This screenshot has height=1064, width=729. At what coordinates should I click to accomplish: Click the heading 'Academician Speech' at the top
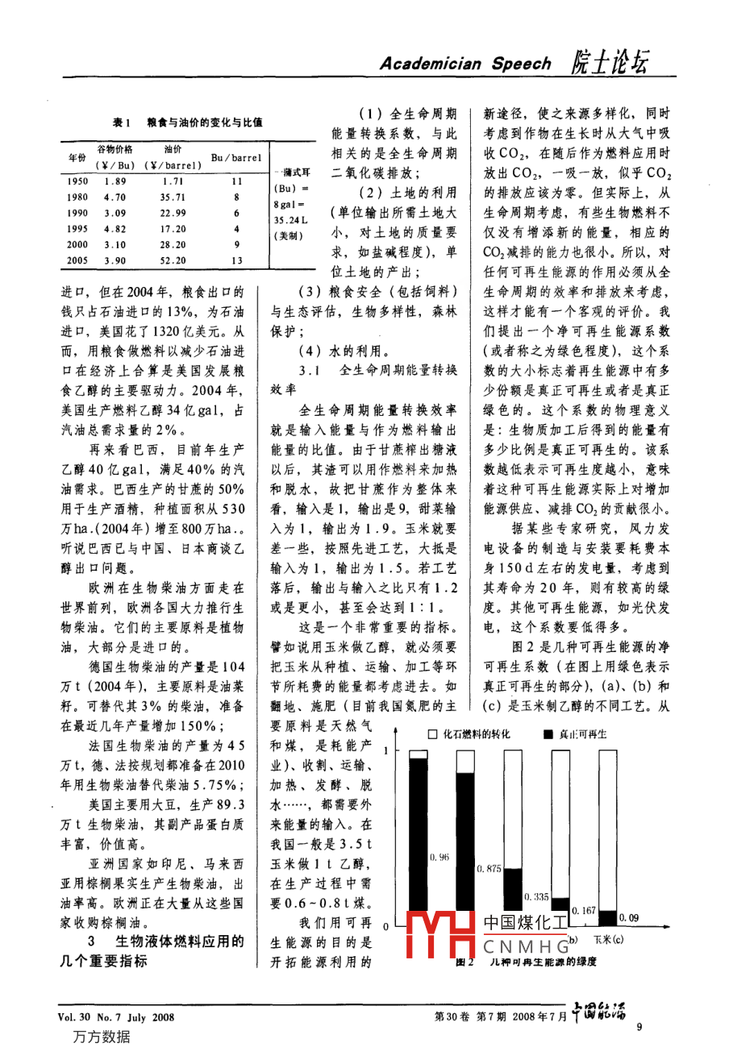pyautogui.click(x=465, y=64)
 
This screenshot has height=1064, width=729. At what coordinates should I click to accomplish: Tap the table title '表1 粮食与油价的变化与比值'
pyautogui.click(x=187, y=123)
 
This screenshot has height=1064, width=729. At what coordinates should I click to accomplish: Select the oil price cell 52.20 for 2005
pyautogui.click(x=173, y=260)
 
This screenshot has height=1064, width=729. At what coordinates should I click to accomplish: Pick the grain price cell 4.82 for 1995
pyautogui.click(x=115, y=229)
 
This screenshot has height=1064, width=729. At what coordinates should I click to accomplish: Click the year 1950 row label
pyautogui.click(x=77, y=182)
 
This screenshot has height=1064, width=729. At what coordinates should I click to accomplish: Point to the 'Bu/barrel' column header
pyautogui.click(x=235, y=158)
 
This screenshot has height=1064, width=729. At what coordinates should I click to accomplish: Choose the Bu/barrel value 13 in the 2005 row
pyautogui.click(x=236, y=260)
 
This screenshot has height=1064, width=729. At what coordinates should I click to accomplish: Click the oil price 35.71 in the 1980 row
pyautogui.click(x=173, y=197)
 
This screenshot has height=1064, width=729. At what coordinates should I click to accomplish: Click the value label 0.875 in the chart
pyautogui.click(x=489, y=869)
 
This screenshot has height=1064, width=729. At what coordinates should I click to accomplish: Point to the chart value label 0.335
pyautogui.click(x=536, y=896)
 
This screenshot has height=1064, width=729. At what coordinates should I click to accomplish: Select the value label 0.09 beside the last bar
pyautogui.click(x=628, y=917)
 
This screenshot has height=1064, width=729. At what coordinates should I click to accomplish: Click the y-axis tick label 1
pyautogui.click(x=386, y=751)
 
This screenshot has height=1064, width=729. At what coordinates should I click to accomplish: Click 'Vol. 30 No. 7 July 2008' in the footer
pyautogui.click(x=116, y=1017)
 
